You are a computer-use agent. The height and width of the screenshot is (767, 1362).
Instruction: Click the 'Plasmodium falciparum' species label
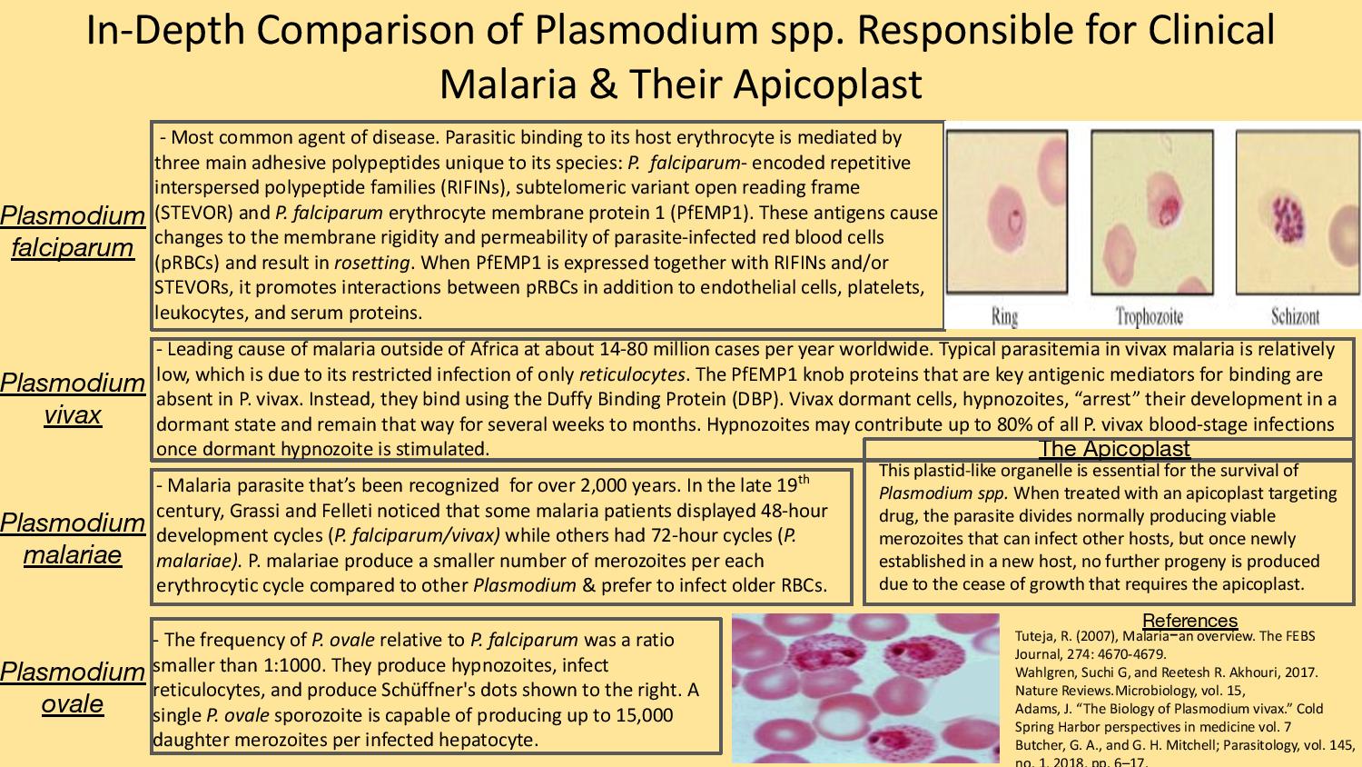coord(73,232)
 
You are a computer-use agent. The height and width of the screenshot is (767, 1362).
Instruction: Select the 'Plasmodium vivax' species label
coord(73,399)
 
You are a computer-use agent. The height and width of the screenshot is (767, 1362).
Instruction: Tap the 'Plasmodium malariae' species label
coord(73,539)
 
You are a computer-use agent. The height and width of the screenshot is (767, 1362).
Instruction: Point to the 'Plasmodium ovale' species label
coord(73,688)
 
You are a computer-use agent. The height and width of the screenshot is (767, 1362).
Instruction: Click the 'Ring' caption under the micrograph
coord(1004,317)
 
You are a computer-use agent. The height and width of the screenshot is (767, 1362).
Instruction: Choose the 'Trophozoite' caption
coord(1150,316)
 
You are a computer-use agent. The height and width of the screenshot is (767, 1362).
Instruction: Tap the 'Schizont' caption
coord(1295,316)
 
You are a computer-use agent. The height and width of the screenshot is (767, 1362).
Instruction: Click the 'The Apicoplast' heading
coord(1114,449)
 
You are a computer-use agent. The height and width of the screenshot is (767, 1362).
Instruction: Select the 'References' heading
coord(1189,621)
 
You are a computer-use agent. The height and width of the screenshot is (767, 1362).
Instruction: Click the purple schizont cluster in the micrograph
coord(1288,219)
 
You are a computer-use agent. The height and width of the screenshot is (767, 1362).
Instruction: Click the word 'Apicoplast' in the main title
coord(827,84)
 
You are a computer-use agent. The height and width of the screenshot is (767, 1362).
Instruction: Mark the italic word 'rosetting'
coord(372,263)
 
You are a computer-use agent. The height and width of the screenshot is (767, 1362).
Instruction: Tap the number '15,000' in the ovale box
coord(645,714)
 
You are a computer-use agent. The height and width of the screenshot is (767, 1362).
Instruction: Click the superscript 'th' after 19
coord(804,479)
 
